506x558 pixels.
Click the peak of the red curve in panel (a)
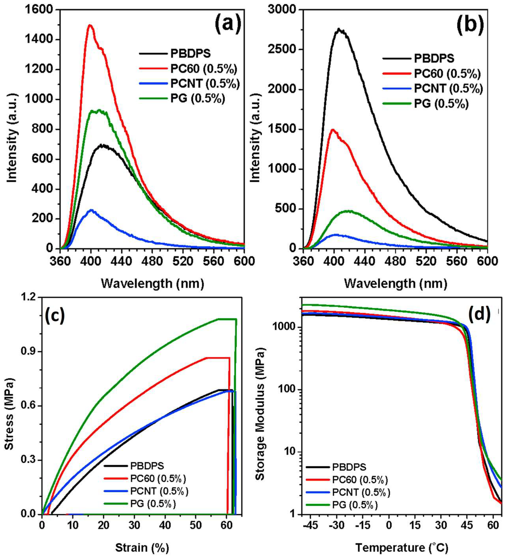tap(90, 25)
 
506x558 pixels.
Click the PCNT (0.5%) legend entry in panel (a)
tap(205, 83)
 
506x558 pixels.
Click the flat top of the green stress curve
tap(227, 319)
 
